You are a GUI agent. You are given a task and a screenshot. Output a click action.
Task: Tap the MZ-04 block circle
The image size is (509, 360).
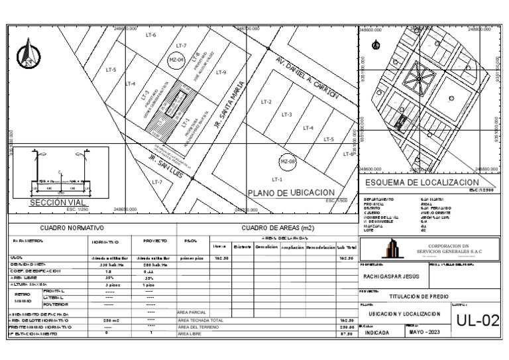(x=176, y=60)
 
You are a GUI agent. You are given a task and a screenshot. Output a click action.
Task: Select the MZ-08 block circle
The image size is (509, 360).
(x=288, y=162)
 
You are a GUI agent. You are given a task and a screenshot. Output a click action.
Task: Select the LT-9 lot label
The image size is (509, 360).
(x=221, y=72)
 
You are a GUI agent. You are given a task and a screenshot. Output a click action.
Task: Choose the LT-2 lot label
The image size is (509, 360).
(x=266, y=102)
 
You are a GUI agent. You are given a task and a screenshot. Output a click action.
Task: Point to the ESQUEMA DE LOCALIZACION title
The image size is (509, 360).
(x=422, y=182)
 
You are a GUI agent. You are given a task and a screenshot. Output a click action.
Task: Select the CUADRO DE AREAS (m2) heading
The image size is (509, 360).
(x=268, y=228)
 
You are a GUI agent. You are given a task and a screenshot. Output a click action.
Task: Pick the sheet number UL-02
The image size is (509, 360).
(x=477, y=321)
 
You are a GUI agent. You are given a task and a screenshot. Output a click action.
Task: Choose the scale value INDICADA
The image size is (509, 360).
(x=378, y=333)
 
